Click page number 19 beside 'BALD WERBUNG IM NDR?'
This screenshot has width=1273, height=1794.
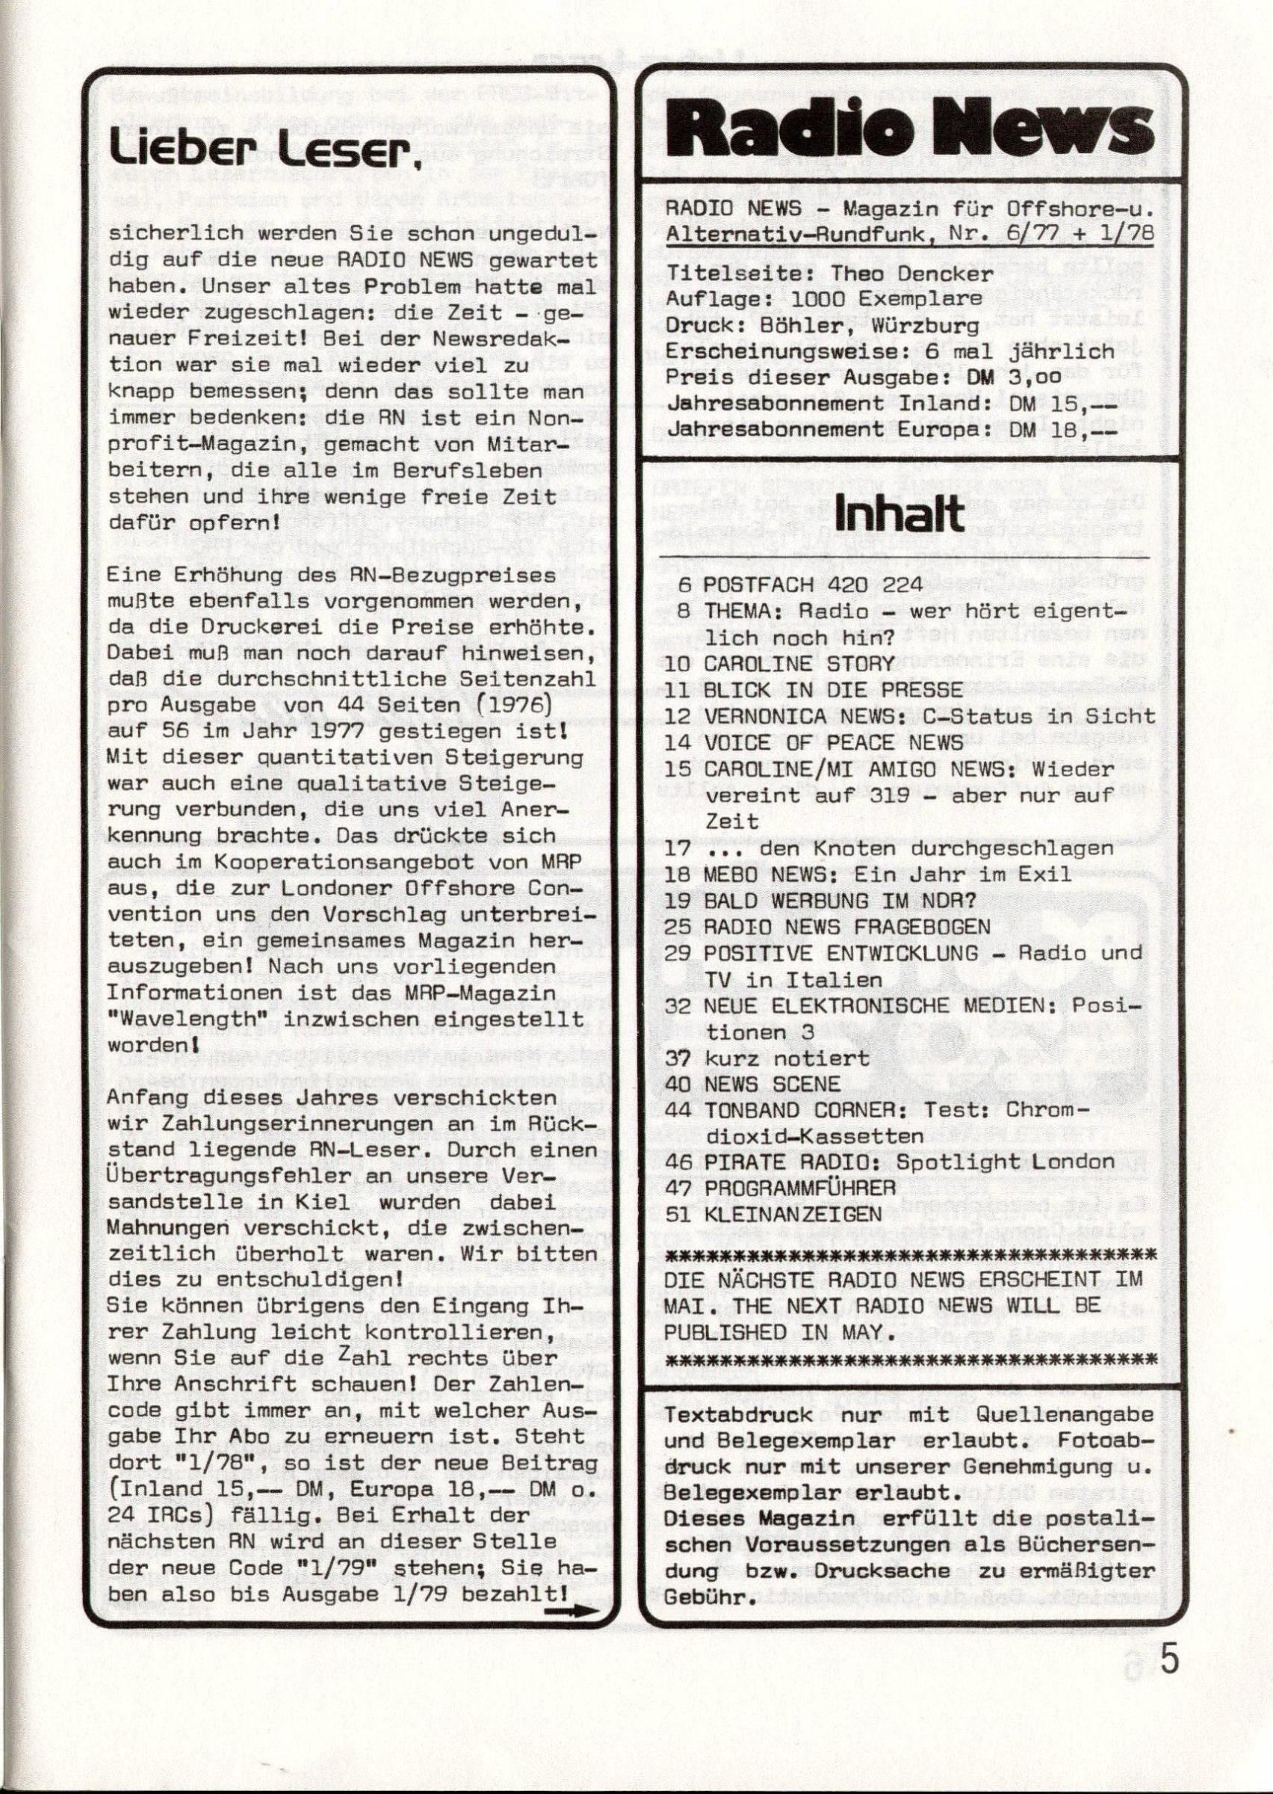677,900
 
